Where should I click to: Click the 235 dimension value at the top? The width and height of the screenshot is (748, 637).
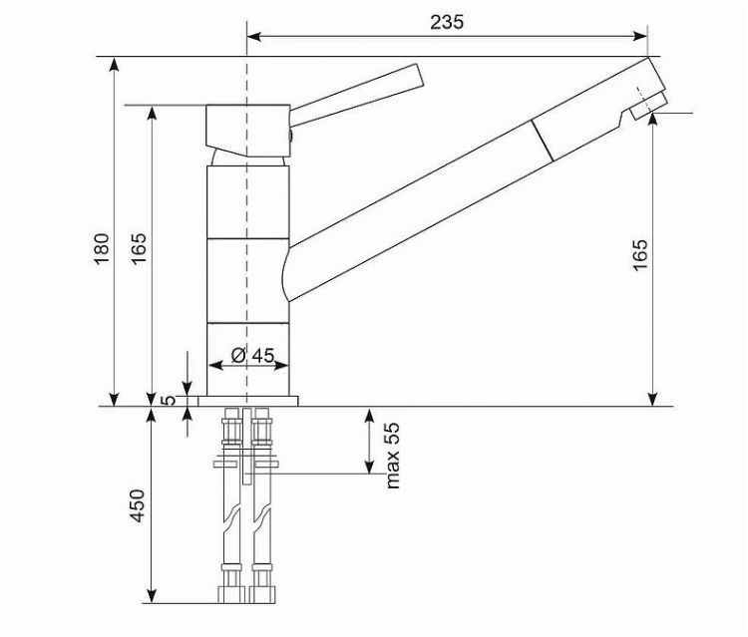point(447,22)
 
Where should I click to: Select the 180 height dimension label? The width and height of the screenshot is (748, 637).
point(102,249)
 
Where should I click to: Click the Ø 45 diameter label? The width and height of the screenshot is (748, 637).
point(252,355)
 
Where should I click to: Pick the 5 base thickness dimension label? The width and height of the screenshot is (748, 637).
point(170,401)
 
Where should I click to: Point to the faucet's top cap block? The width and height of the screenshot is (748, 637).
point(246,124)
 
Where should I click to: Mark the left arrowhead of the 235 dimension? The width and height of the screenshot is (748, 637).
point(252,37)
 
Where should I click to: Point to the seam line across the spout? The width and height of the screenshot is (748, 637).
point(542,140)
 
